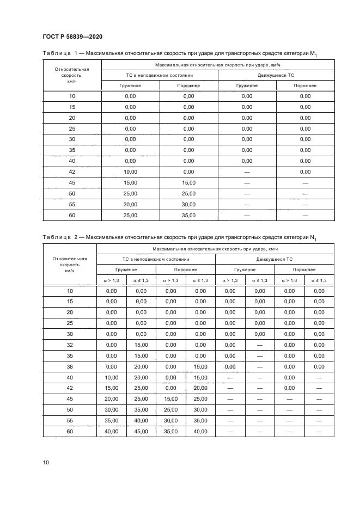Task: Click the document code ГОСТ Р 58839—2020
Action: click(x=72, y=36)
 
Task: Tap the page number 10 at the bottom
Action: click(x=46, y=462)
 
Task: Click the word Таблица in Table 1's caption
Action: click(x=57, y=53)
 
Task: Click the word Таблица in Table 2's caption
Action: click(x=57, y=237)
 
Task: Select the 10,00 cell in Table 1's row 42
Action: click(x=130, y=171)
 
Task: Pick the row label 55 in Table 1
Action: click(x=72, y=204)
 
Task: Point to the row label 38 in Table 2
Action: click(x=69, y=366)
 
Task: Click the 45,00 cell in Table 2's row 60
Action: click(x=141, y=431)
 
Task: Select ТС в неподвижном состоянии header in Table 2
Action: click(x=156, y=260)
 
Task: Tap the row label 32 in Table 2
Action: click(x=69, y=345)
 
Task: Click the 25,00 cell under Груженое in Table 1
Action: click(x=130, y=193)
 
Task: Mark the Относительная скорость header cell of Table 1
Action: click(x=72, y=76)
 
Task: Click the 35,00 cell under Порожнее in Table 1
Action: click(x=188, y=215)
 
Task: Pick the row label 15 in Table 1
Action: click(x=72, y=107)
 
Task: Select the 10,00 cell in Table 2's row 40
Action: click(x=111, y=377)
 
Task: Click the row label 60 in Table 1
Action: click(x=72, y=215)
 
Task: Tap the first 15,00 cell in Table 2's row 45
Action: click(x=170, y=399)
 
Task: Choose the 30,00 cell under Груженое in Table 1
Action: click(x=130, y=204)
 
